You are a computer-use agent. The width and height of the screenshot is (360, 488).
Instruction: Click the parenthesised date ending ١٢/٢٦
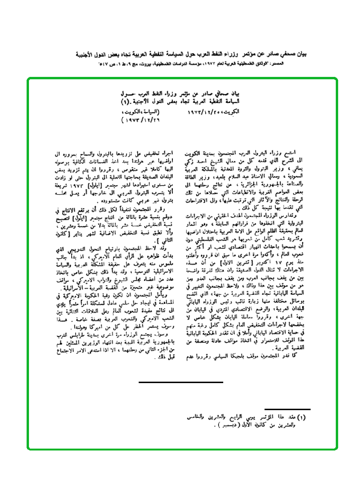[140, 121]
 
